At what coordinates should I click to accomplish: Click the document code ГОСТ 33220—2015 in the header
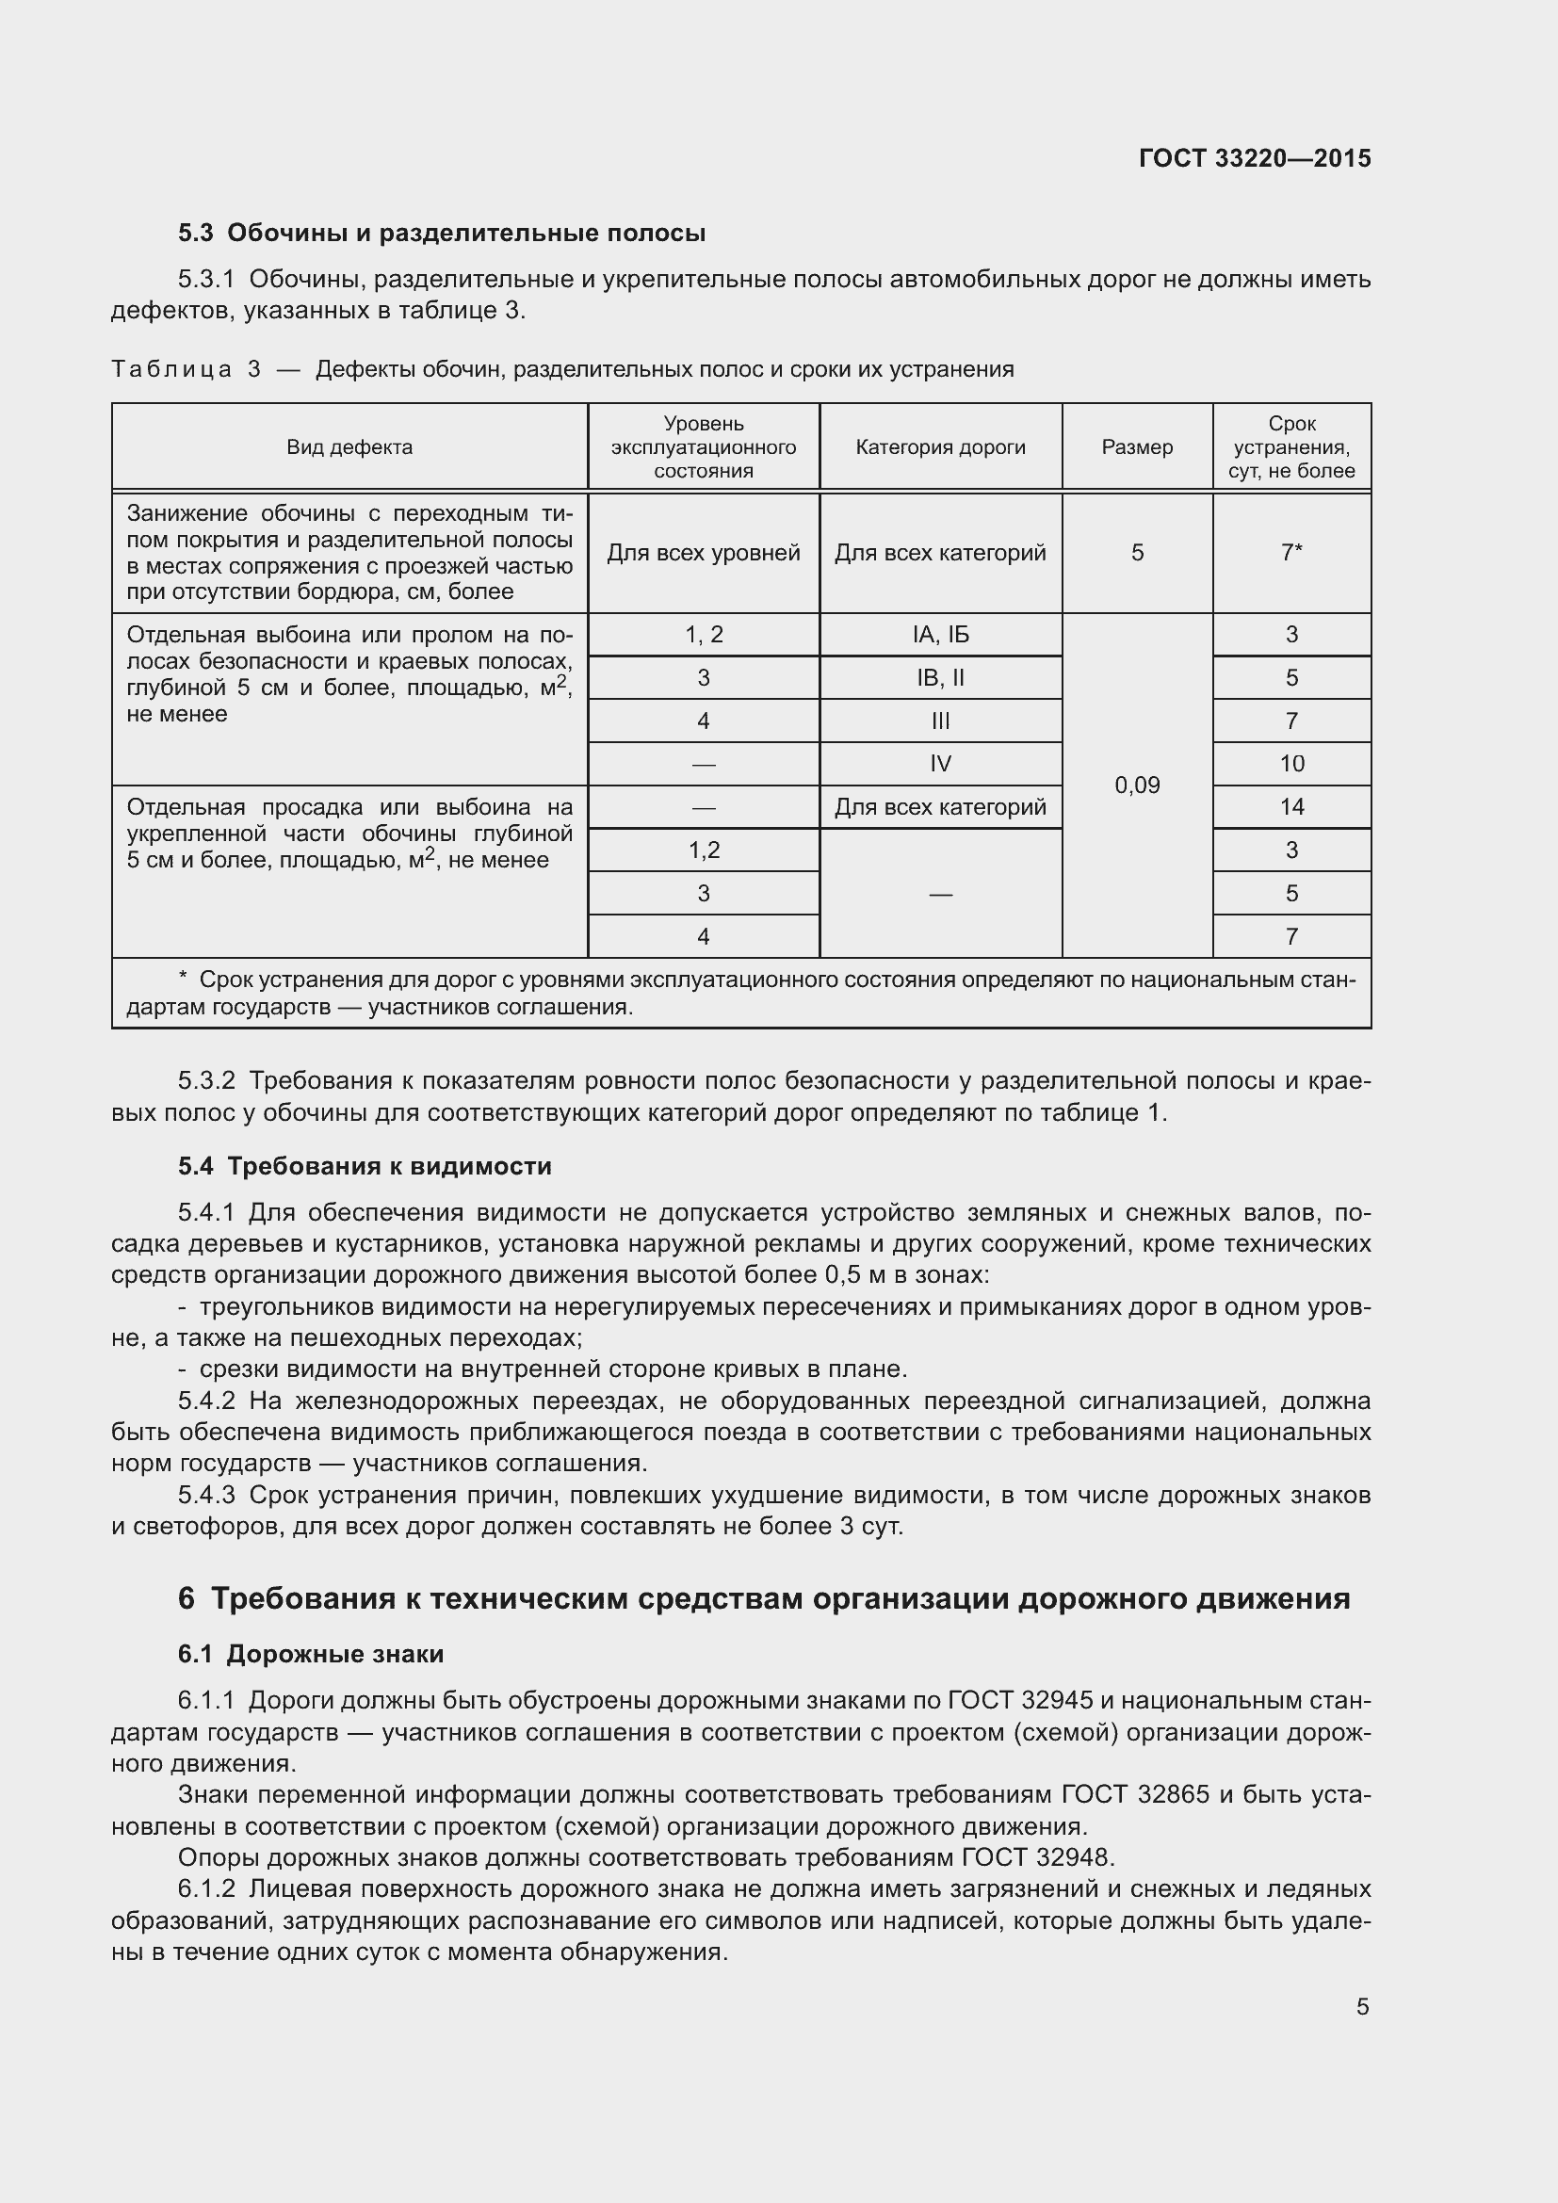(x=1254, y=158)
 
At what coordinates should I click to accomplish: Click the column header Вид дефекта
(x=349, y=447)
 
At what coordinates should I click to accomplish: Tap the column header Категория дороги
(x=940, y=447)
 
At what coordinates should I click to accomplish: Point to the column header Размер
(x=1137, y=447)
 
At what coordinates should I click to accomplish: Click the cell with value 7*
(x=1291, y=553)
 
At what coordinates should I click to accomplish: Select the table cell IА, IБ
(x=940, y=634)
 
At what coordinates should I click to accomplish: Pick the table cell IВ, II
(x=940, y=678)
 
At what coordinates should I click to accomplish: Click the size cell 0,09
(x=1137, y=786)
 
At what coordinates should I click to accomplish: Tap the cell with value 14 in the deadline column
(x=1291, y=807)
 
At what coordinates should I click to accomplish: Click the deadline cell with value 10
(x=1291, y=764)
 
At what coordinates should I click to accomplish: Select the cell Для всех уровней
(x=704, y=553)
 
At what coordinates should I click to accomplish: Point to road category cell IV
(x=940, y=764)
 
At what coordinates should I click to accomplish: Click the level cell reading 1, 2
(x=704, y=634)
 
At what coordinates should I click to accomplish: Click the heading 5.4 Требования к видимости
(x=365, y=1167)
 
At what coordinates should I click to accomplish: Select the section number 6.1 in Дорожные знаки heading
(x=196, y=1654)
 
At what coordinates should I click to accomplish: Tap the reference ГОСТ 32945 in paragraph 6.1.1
(x=1020, y=1701)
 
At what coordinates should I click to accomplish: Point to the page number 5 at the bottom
(x=1362, y=2007)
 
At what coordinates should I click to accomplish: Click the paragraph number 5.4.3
(x=206, y=1496)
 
